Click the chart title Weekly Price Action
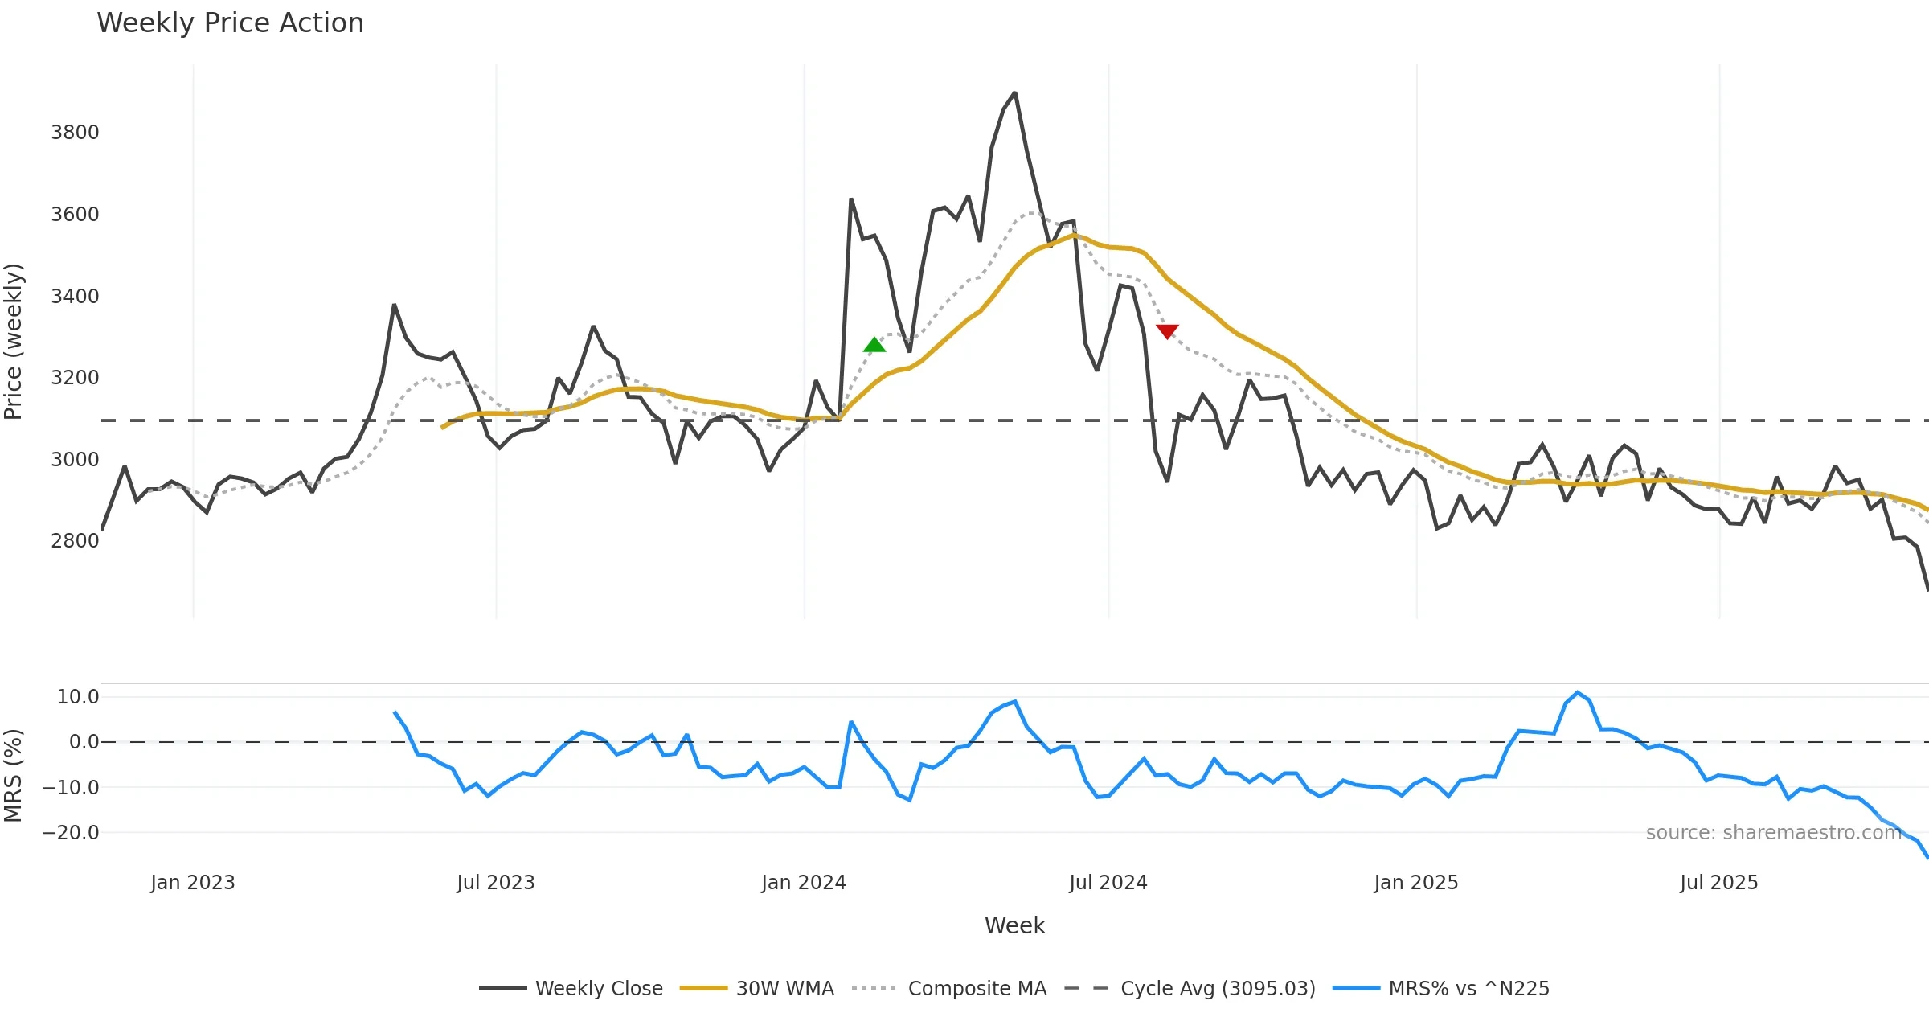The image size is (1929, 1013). click(x=230, y=23)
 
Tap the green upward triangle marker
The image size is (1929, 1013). click(x=874, y=345)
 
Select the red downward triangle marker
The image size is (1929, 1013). click(x=1167, y=331)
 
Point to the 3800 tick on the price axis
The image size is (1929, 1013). click(x=75, y=133)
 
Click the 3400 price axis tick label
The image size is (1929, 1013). click(x=75, y=297)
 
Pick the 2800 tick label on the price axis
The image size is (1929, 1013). click(x=75, y=541)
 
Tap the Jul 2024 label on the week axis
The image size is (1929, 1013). click(x=1108, y=883)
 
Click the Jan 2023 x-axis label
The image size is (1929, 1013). click(x=193, y=883)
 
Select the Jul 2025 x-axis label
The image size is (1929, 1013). click(x=1718, y=883)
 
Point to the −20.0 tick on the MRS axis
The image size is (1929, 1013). click(x=71, y=833)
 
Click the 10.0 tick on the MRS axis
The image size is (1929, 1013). click(x=77, y=697)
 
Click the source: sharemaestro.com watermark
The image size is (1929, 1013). click(x=1773, y=833)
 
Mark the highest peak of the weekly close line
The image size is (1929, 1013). click(x=1015, y=93)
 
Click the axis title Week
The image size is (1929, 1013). click(x=1014, y=926)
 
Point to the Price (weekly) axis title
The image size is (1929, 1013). click(x=14, y=342)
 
